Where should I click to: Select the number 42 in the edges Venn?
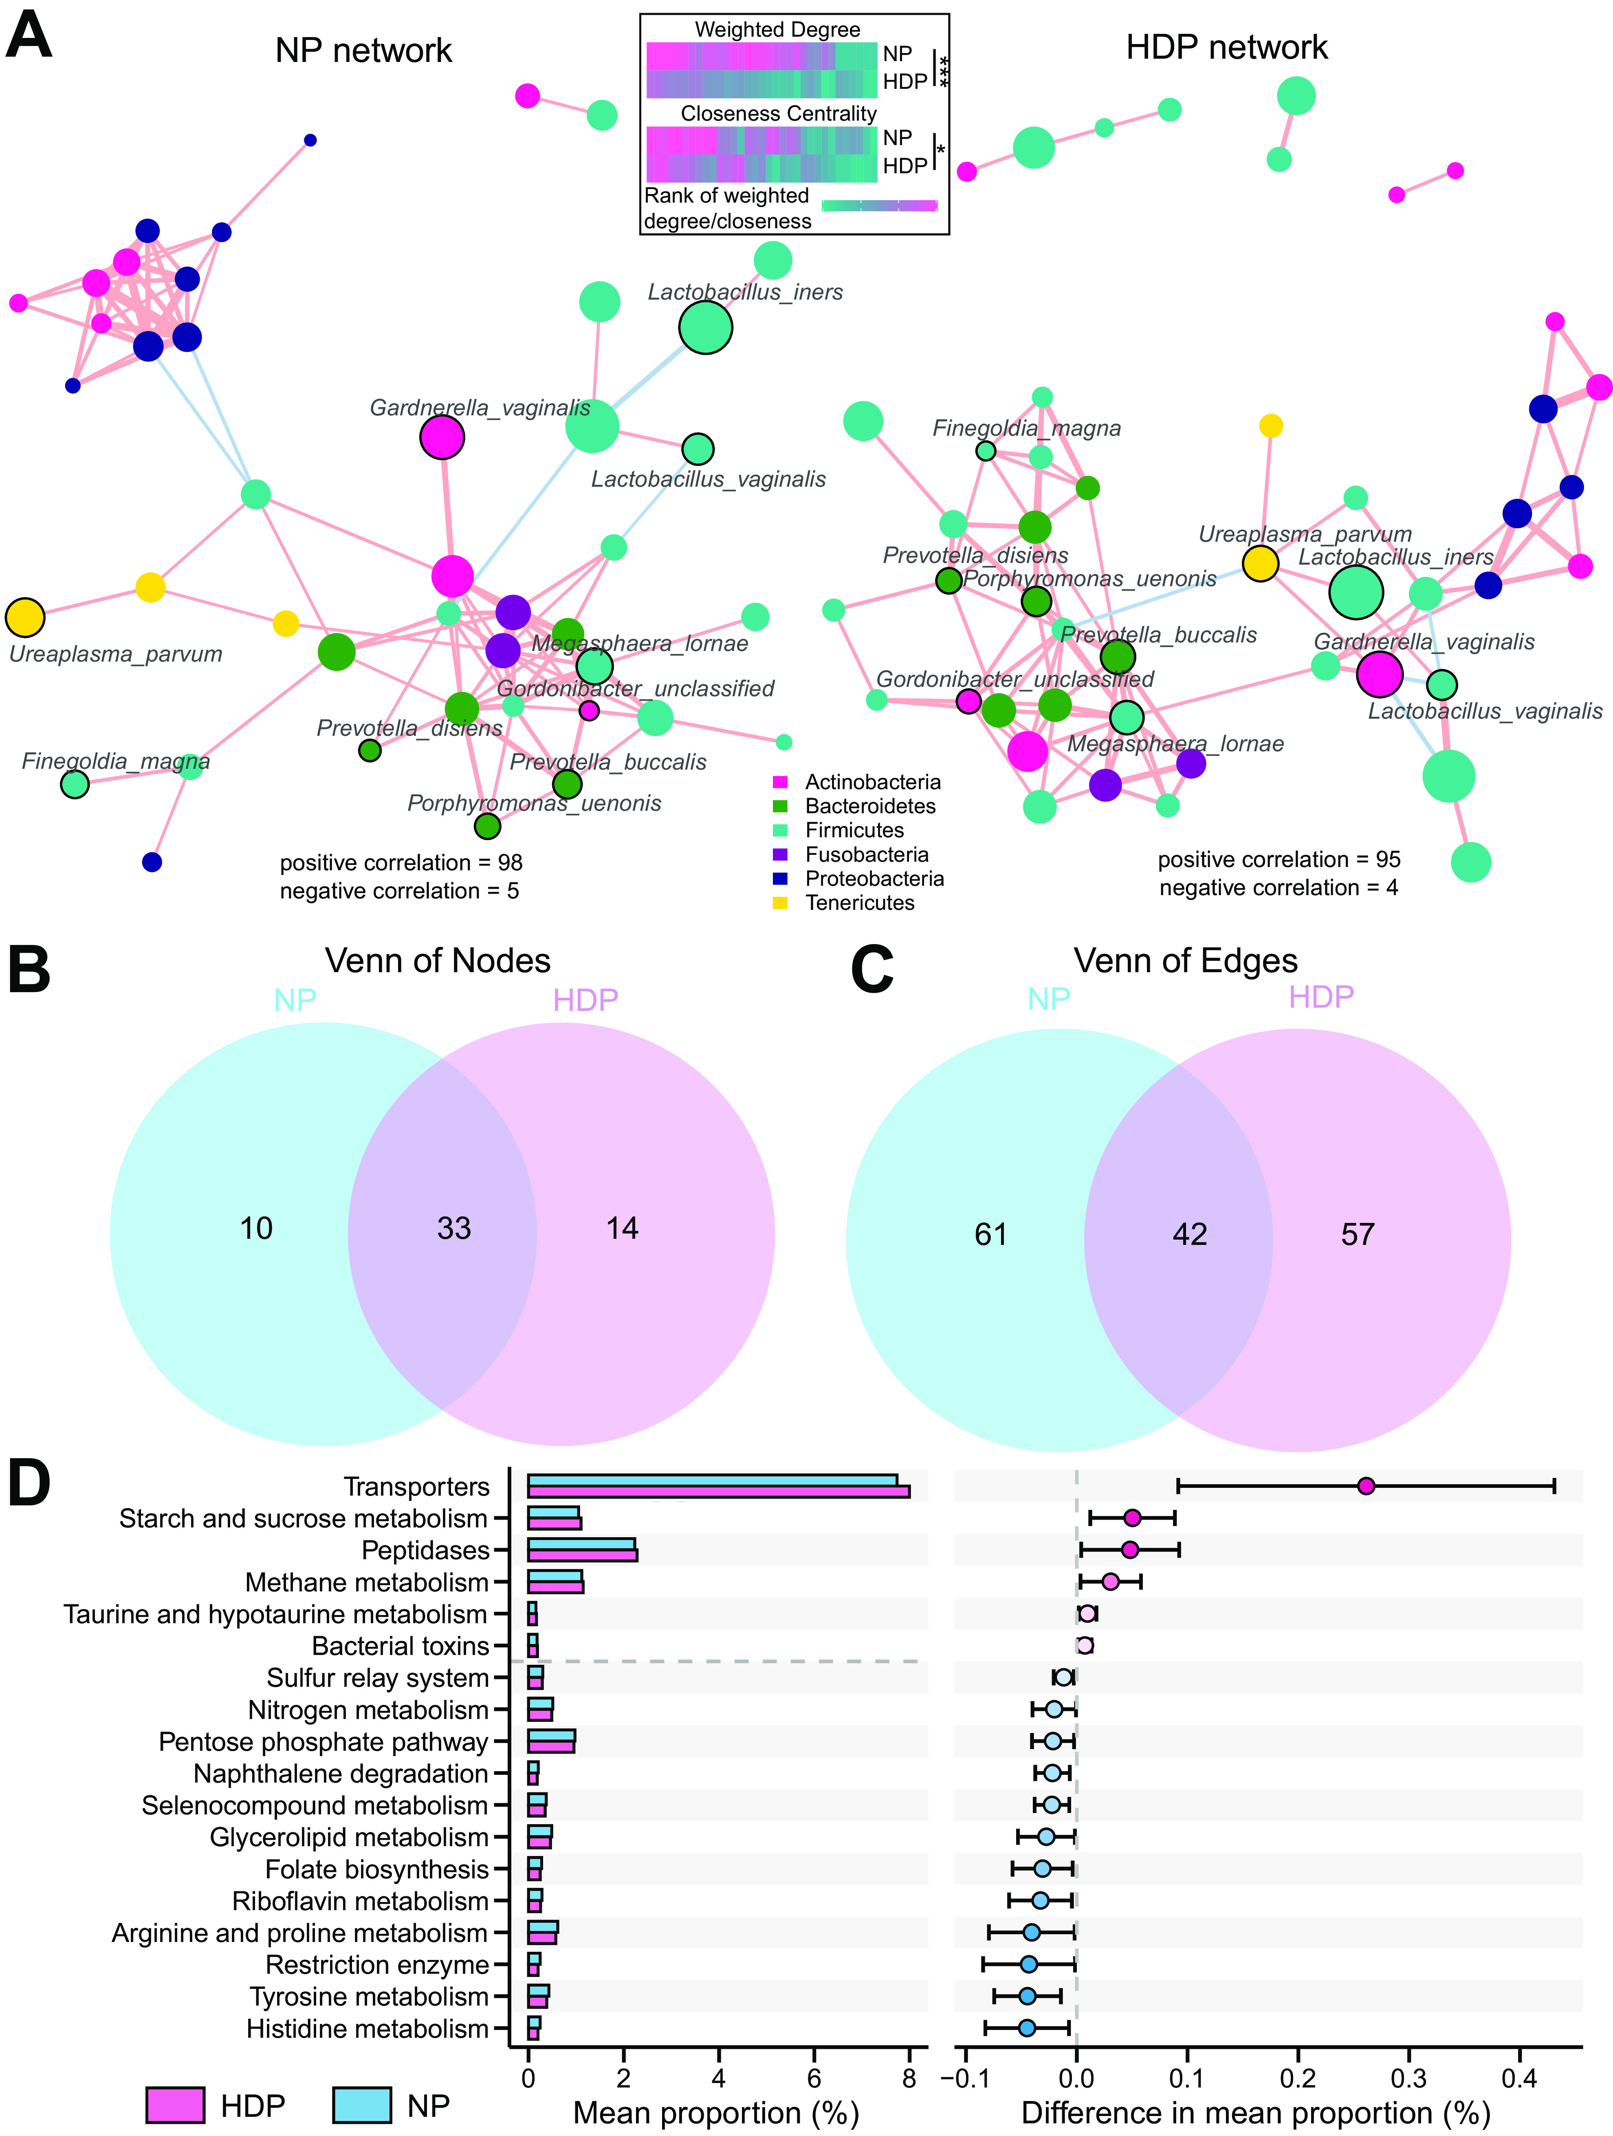pos(1189,1234)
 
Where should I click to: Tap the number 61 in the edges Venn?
pos(990,1234)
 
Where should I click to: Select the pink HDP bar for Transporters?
pos(718,1492)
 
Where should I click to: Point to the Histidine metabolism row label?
pos(367,2029)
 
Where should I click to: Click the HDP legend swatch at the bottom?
pos(175,2105)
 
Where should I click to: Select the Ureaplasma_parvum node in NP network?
pos(25,617)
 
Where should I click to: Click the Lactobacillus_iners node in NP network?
pos(706,328)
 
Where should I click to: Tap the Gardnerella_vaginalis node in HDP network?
pos(1380,673)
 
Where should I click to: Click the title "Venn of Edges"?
pos(1185,961)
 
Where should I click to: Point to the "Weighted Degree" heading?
pos(777,29)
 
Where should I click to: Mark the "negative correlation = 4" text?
pos(1278,887)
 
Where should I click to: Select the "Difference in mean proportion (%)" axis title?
pos(1255,2113)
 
